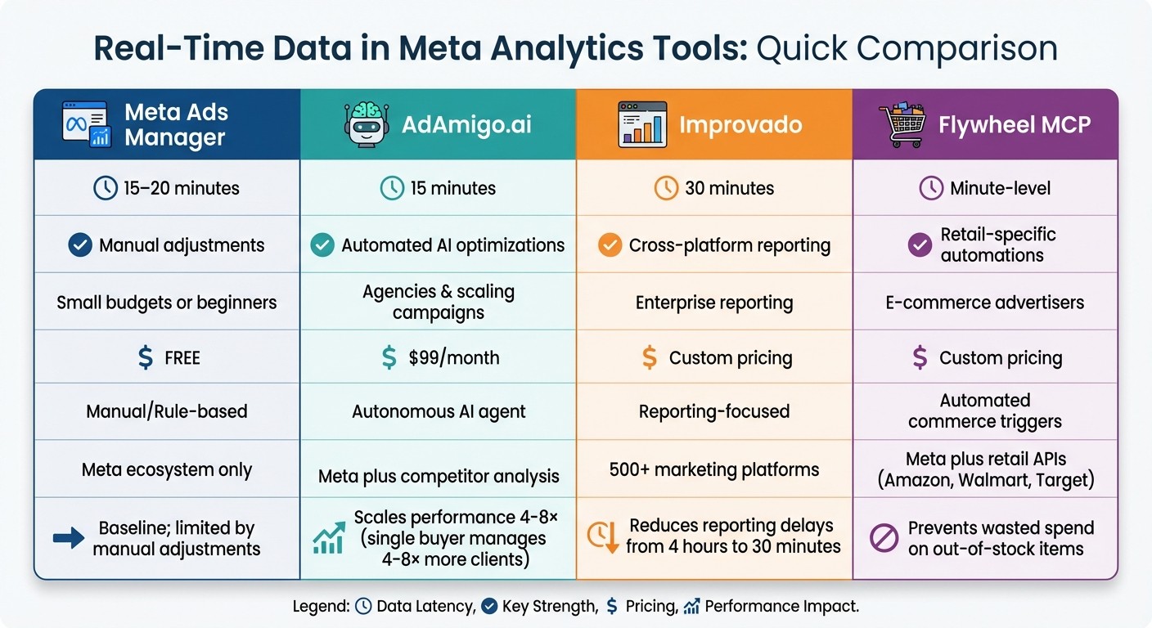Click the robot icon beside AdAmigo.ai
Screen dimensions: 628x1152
click(364, 124)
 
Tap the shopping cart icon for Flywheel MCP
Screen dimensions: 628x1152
click(906, 124)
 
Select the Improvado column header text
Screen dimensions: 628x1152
click(740, 125)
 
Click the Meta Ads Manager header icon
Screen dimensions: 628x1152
click(87, 124)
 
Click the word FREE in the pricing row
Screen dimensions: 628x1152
click(182, 357)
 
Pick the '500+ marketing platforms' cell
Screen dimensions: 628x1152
click(714, 469)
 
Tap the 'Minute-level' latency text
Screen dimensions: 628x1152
click(1000, 188)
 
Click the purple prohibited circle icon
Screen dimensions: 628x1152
click(884, 538)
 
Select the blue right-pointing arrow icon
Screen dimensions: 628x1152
click(69, 537)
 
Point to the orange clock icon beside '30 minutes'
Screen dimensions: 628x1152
click(666, 188)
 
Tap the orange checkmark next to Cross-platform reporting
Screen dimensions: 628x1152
click(610, 244)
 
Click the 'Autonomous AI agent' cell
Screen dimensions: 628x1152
click(439, 411)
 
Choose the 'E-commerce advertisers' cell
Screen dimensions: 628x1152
click(984, 302)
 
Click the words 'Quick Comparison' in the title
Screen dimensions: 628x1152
click(907, 49)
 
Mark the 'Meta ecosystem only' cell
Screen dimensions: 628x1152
click(167, 469)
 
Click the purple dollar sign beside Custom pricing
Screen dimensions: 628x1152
click(920, 357)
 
